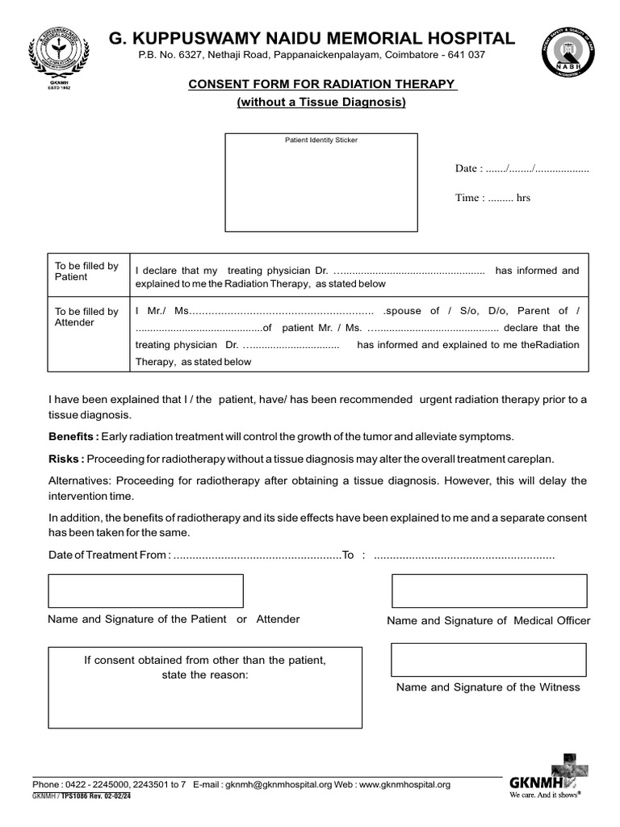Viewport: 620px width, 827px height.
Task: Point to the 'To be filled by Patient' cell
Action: (86, 271)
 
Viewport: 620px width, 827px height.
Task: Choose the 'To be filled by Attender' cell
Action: (86, 317)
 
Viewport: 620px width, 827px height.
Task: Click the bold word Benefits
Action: (73, 437)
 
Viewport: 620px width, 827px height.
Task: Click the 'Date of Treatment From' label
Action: (109, 556)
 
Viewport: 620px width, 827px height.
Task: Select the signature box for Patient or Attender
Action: (146, 590)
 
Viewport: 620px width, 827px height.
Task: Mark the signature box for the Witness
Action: (488, 660)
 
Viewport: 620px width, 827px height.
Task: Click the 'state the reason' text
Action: (206, 674)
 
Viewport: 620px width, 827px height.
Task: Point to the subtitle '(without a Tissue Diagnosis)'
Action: (321, 103)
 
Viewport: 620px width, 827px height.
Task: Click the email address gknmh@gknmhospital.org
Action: (279, 784)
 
